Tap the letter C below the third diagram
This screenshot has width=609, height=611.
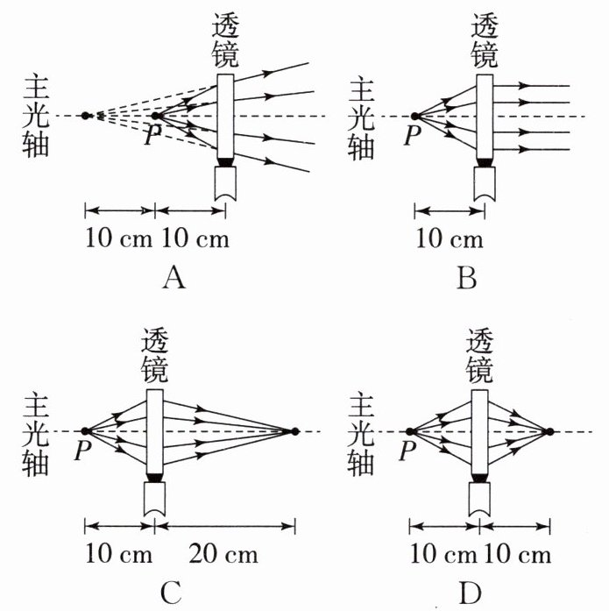(173, 593)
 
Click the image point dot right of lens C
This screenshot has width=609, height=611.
(295, 430)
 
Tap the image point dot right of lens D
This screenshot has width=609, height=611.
(549, 430)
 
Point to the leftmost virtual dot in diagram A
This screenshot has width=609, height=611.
(85, 115)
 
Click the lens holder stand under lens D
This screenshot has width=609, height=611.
(480, 495)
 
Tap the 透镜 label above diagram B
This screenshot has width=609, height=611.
(485, 39)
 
